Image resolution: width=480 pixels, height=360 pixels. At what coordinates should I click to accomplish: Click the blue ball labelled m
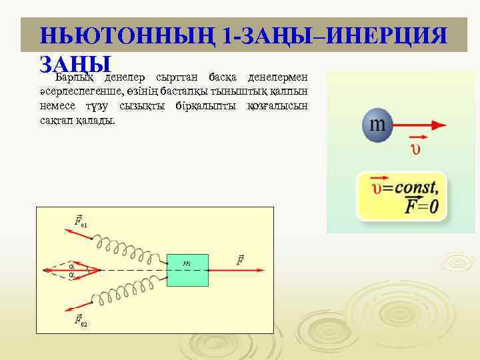point(378,125)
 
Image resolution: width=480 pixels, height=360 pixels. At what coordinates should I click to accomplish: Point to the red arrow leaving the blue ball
point(420,125)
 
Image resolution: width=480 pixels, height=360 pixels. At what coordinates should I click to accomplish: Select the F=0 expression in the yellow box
point(422,206)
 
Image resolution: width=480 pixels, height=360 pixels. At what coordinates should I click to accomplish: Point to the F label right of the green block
point(241,259)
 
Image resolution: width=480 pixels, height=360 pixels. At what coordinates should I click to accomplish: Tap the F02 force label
point(79,323)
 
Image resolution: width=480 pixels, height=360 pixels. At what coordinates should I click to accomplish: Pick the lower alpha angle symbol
point(71,275)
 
